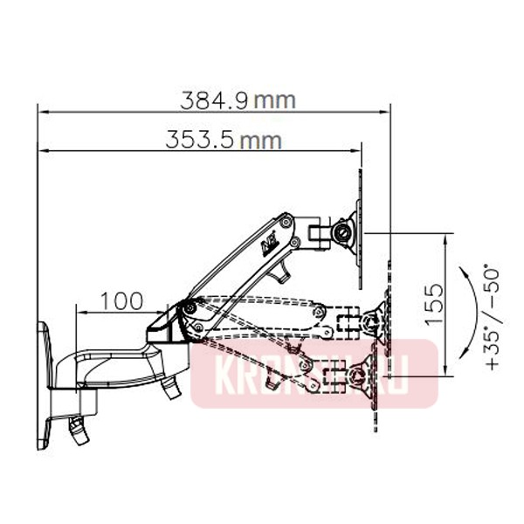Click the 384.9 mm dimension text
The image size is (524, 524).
pyautogui.click(x=238, y=100)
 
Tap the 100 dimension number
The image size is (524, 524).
pyautogui.click(x=121, y=301)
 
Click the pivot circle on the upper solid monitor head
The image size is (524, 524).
pyautogui.click(x=344, y=233)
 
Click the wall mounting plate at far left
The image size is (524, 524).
pyautogui.click(x=44, y=384)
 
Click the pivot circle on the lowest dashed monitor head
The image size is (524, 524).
pyautogui.click(x=358, y=377)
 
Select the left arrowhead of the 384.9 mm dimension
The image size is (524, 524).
pyautogui.click(x=42, y=111)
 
